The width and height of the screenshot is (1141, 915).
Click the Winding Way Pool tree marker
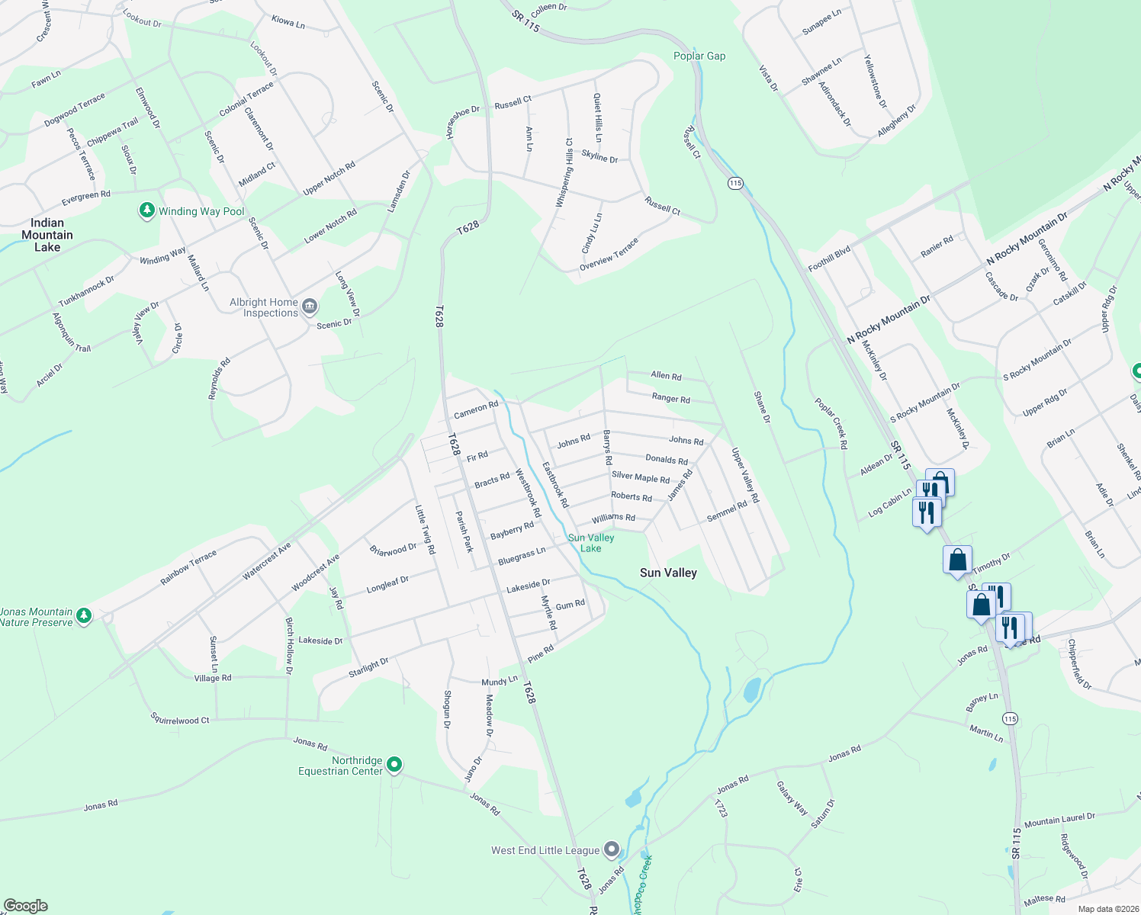147,210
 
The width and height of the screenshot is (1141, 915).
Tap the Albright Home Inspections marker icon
310,307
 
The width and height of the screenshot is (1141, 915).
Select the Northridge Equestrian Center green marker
394,764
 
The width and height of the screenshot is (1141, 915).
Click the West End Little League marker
612,849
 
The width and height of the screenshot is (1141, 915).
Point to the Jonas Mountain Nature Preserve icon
84,616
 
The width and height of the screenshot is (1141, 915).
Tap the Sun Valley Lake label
591,543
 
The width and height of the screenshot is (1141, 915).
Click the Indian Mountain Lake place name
47,235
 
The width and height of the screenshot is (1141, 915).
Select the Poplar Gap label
699,56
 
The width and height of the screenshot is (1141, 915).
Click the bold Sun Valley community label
668,573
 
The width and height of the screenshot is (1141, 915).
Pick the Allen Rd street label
666,375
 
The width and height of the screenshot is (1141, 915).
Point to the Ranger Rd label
670,398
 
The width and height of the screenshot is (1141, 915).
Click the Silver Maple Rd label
641,477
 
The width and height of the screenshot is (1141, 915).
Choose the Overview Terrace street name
609,254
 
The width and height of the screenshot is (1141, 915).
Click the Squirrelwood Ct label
180,719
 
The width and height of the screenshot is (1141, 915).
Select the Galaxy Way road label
792,798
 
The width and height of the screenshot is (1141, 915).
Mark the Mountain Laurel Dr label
1059,820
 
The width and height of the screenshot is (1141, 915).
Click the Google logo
26,905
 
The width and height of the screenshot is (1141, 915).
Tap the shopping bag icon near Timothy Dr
957,560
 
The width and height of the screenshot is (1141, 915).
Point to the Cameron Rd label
476,410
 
